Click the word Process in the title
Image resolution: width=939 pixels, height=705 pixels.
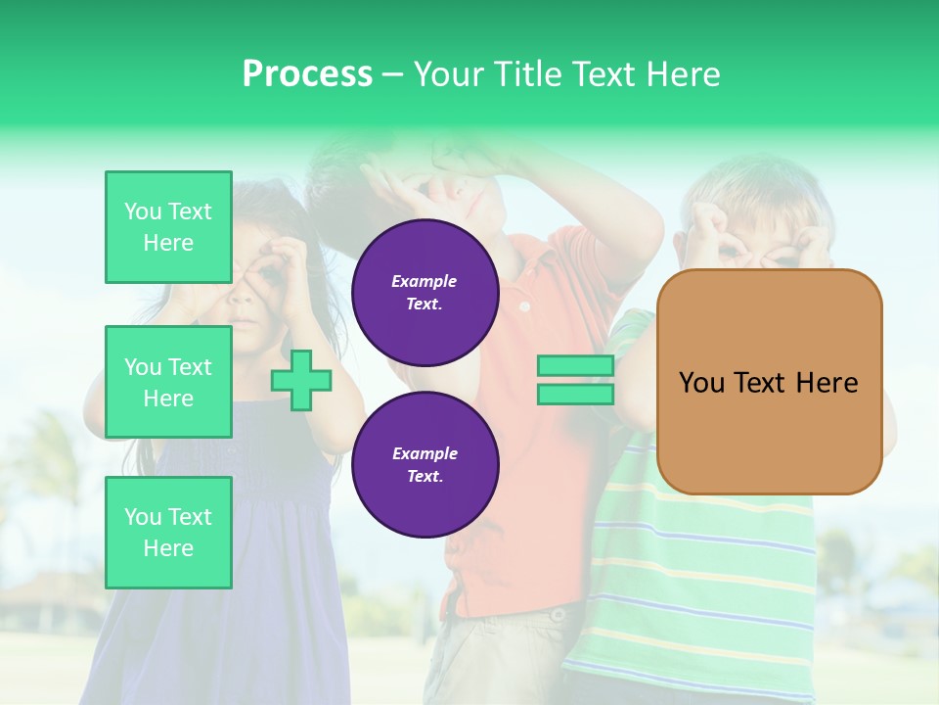(x=307, y=74)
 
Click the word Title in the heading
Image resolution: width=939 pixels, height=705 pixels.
(x=524, y=74)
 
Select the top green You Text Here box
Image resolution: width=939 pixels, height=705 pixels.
(x=168, y=227)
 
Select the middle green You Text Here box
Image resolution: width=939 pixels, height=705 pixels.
(x=168, y=382)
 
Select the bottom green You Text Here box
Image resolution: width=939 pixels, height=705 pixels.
(x=168, y=533)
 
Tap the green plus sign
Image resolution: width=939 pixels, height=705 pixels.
(x=301, y=380)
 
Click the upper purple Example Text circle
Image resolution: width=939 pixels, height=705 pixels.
(x=425, y=293)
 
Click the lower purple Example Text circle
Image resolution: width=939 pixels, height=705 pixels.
(x=425, y=465)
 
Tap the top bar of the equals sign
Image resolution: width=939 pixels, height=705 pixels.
(x=575, y=366)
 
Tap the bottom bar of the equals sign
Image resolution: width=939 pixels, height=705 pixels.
(x=575, y=395)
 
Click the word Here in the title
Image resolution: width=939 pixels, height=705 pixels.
(x=682, y=74)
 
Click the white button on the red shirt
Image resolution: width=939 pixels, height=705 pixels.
(x=524, y=306)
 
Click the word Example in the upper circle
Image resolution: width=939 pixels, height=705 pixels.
(x=425, y=281)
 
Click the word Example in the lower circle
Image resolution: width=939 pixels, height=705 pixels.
(x=425, y=453)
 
